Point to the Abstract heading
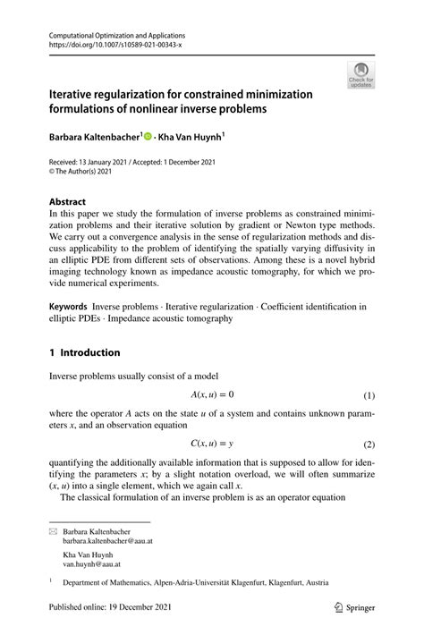69,202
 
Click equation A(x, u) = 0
212,394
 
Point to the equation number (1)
369,395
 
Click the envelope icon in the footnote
53,531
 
